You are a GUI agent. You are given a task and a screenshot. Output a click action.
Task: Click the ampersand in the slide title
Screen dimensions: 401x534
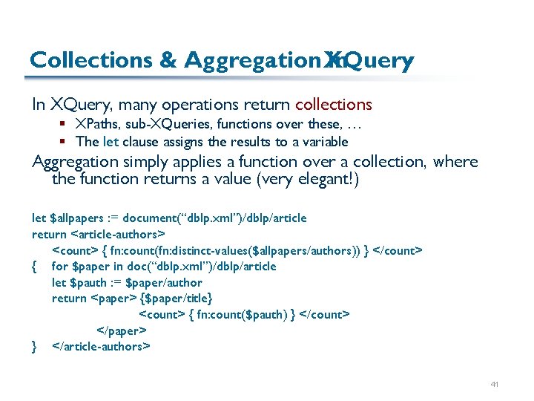(x=167, y=61)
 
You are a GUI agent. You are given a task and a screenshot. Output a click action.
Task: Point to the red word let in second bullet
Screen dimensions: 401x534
(x=110, y=141)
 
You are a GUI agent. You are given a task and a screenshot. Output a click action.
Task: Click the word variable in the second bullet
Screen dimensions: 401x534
(x=323, y=141)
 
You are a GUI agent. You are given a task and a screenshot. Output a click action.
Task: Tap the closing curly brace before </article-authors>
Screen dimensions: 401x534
(x=34, y=346)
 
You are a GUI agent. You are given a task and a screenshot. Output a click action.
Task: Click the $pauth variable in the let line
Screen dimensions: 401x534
(x=88, y=282)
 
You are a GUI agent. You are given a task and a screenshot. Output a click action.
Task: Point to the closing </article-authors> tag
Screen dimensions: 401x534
(x=102, y=346)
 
